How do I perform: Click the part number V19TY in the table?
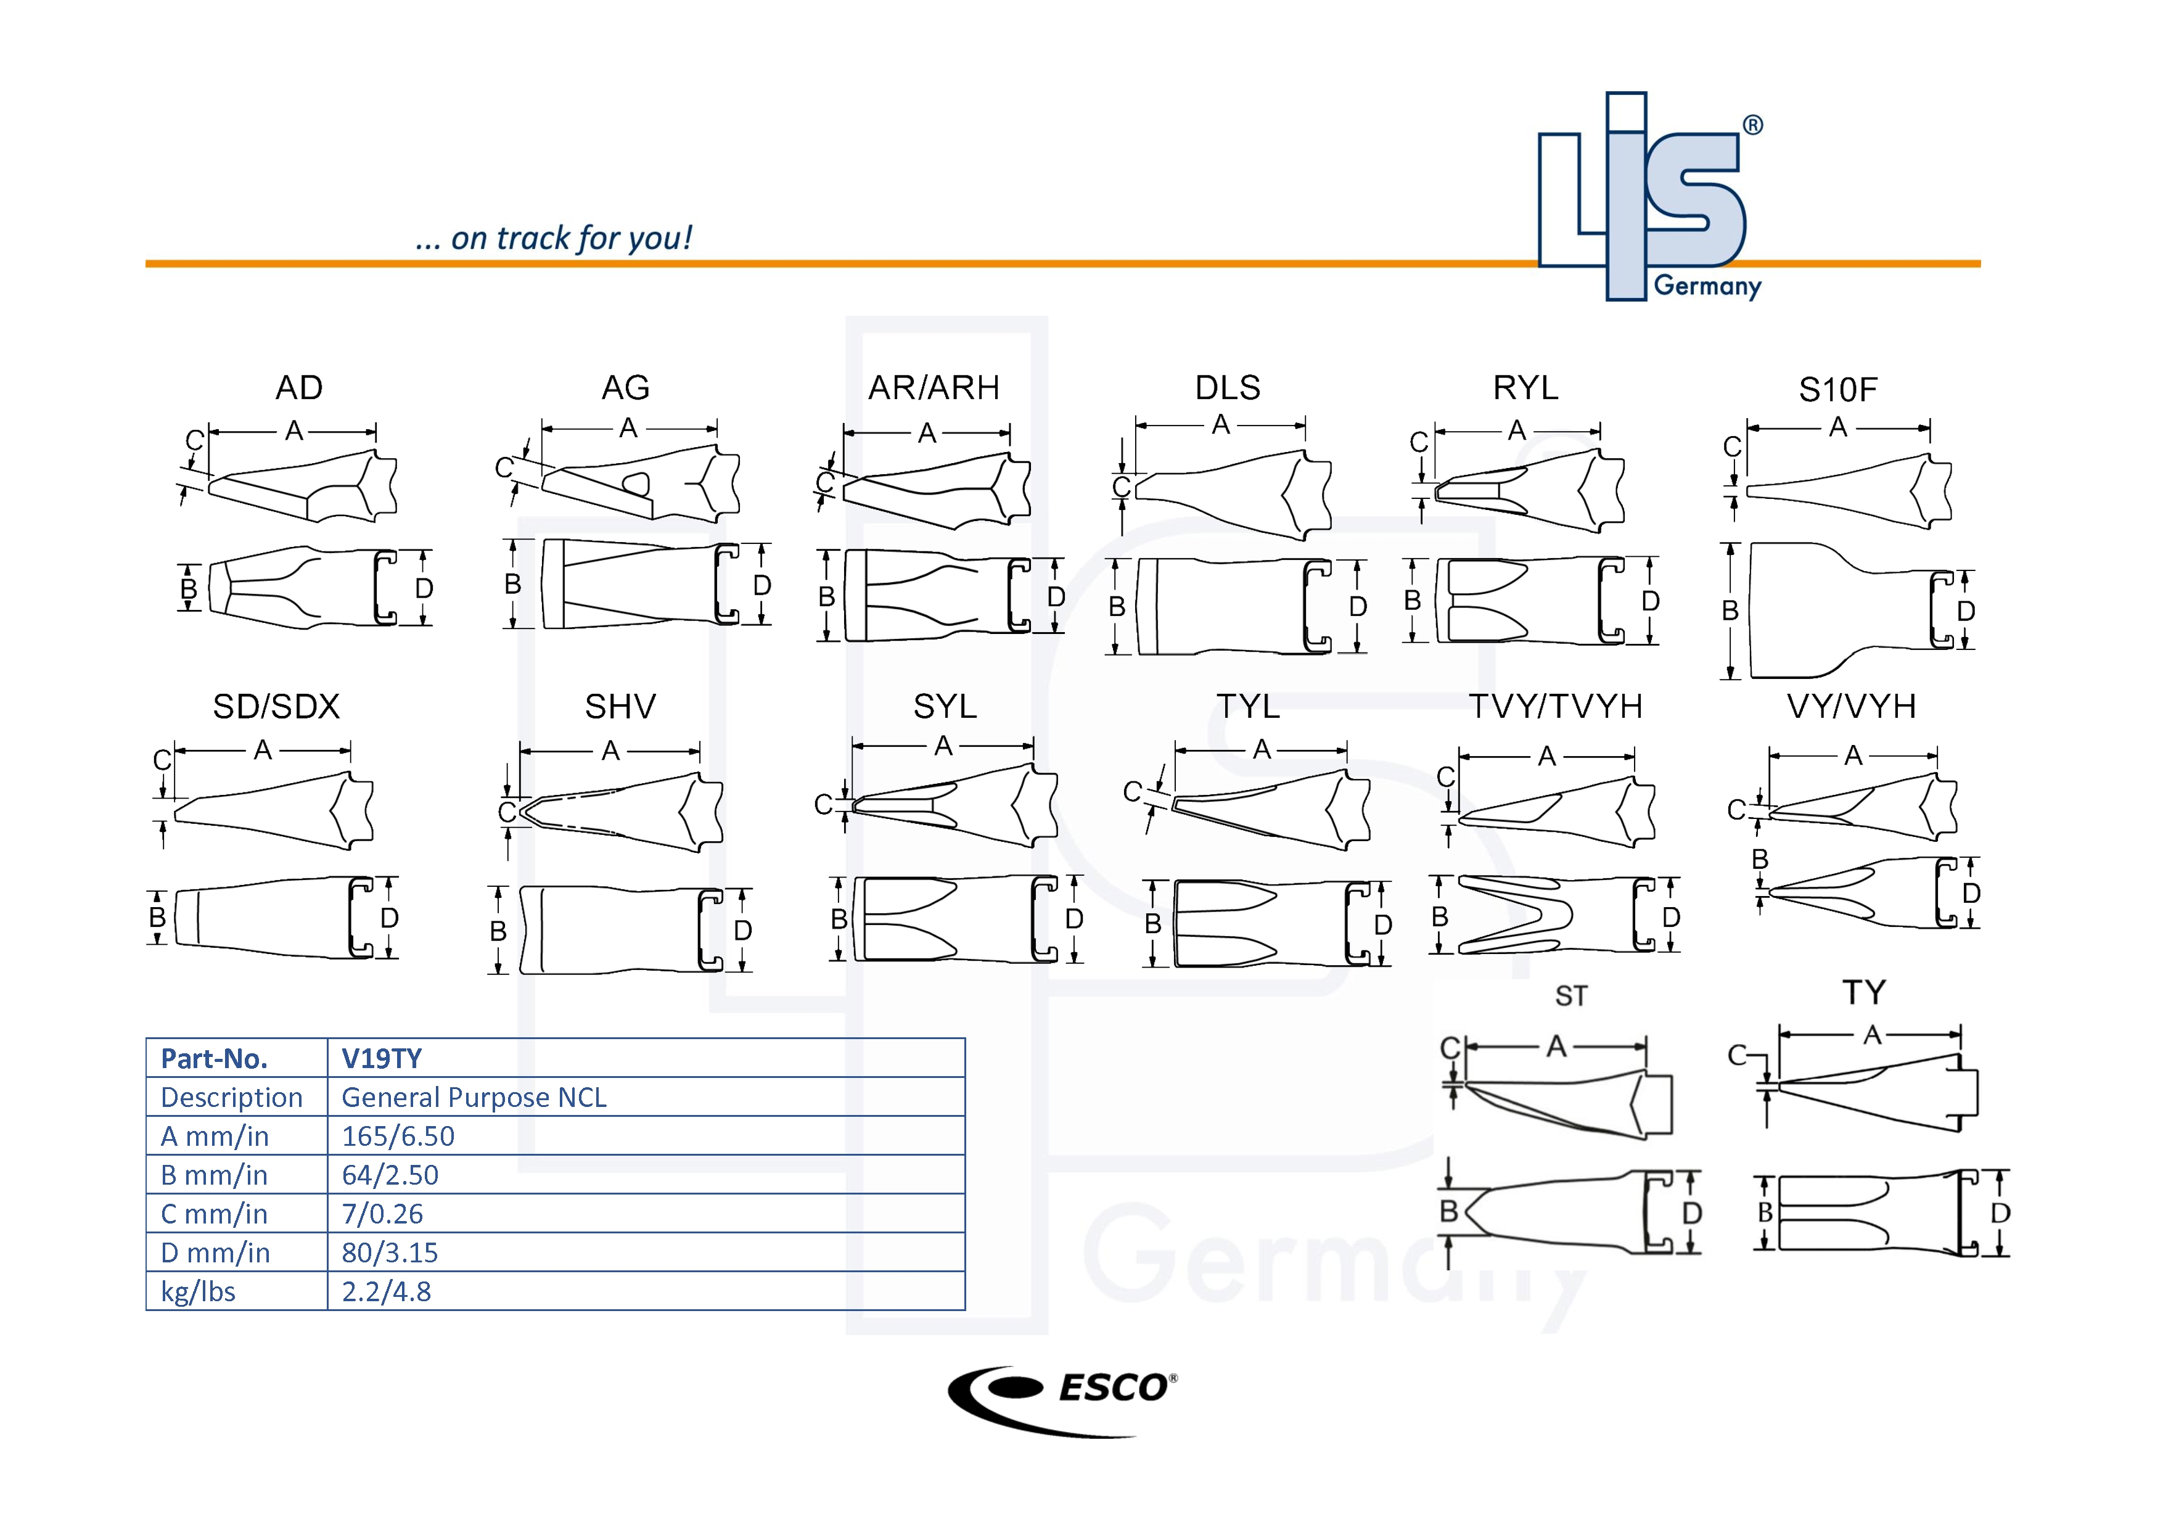(382, 1059)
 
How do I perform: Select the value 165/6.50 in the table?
(398, 1136)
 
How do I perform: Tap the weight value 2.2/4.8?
(386, 1291)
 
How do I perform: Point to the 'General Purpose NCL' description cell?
(474, 1098)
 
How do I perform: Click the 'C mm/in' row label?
(214, 1214)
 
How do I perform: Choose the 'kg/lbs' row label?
(198, 1291)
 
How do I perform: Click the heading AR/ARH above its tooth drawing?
(934, 387)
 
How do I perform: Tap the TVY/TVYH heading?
(1556, 707)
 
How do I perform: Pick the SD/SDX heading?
(276, 707)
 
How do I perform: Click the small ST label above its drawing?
(1570, 997)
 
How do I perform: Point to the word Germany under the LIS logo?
(1707, 286)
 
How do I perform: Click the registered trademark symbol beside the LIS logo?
(1752, 125)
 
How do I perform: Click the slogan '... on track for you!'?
(554, 239)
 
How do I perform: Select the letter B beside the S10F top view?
(1730, 611)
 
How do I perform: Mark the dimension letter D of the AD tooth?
(424, 589)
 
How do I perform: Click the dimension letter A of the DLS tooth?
(1221, 425)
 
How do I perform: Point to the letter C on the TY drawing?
(1737, 1055)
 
